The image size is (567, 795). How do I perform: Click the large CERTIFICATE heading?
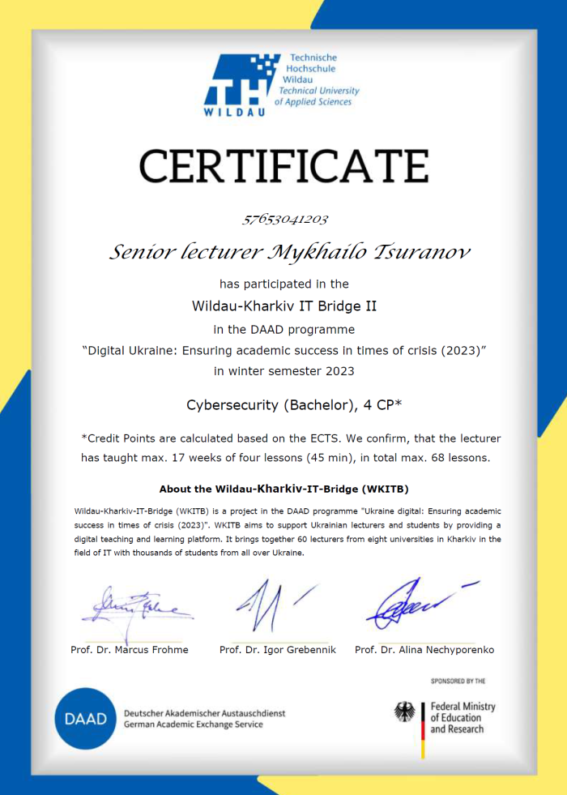click(x=283, y=166)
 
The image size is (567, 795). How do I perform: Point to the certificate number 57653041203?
click(x=283, y=220)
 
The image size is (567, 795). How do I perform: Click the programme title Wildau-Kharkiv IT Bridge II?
click(x=283, y=306)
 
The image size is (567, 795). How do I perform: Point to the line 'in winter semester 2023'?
click(x=283, y=371)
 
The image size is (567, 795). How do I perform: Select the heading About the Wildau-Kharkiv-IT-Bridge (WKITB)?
click(x=283, y=489)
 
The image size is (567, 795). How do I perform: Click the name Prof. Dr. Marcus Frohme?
click(x=130, y=650)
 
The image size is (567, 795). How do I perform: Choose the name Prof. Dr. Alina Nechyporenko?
click(x=424, y=650)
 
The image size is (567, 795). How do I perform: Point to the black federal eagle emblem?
click(x=405, y=712)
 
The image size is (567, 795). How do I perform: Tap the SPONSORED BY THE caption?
click(x=458, y=682)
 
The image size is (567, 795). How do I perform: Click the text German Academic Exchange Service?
click(x=204, y=724)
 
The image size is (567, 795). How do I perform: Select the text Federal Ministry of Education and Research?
click(x=462, y=718)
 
